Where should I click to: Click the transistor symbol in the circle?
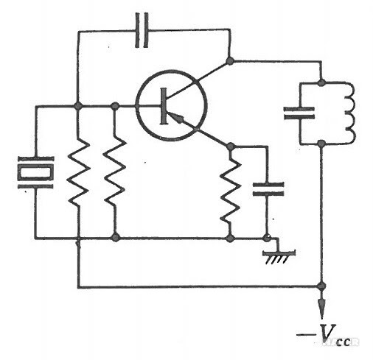(172, 106)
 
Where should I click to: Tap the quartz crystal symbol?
(35, 173)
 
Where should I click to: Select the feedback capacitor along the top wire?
(142, 30)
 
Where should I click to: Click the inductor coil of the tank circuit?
(349, 113)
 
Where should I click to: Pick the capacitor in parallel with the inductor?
(299, 113)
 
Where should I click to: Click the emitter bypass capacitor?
(268, 189)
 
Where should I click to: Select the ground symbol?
(279, 256)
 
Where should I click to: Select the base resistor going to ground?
(115, 171)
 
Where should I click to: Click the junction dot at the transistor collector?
(230, 60)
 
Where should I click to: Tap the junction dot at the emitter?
(230, 147)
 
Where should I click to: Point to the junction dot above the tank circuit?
(321, 82)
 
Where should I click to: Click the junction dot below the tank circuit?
(321, 144)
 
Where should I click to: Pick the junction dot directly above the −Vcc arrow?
(321, 286)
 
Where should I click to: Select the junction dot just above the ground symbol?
(266, 238)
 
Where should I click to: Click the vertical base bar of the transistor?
(164, 106)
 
